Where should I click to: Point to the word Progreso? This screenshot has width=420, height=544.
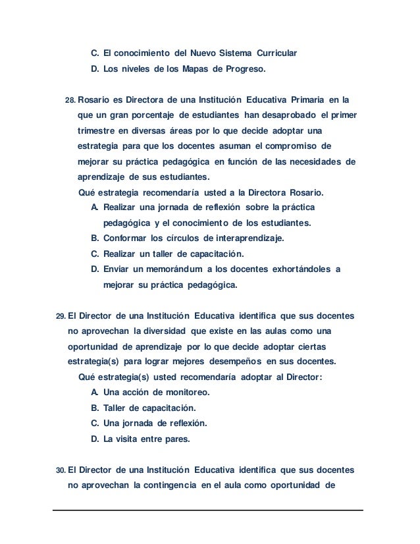tap(242, 68)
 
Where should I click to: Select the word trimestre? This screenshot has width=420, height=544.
tap(95, 131)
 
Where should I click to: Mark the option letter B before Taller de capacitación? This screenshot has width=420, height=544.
tap(95, 408)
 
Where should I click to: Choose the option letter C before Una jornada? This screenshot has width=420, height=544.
tap(95, 423)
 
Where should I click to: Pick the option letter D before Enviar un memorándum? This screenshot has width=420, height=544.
tap(95, 270)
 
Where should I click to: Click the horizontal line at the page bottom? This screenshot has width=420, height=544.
tap(209, 510)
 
